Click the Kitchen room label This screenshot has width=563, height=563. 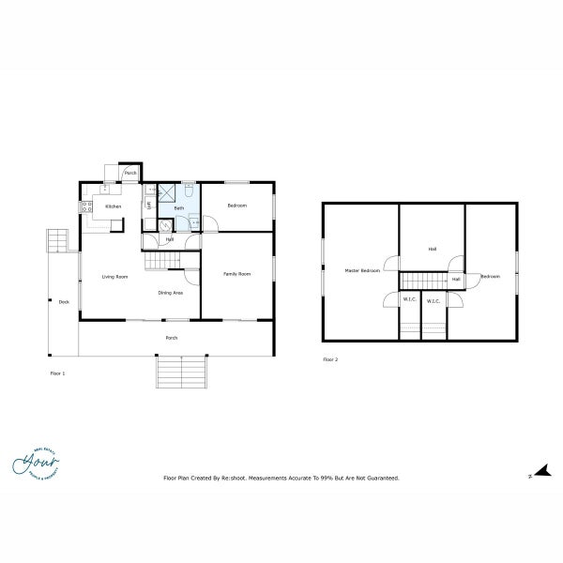(113, 205)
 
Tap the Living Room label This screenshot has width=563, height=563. (114, 277)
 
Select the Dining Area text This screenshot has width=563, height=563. (170, 293)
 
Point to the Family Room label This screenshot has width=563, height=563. (236, 273)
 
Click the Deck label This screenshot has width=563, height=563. (64, 301)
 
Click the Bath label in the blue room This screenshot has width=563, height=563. (178, 207)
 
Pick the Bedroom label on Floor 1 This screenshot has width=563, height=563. (237, 205)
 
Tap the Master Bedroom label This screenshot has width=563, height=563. (362, 270)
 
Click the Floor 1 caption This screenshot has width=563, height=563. (57, 373)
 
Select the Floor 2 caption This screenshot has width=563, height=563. (329, 358)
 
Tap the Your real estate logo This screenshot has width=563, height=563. (36, 464)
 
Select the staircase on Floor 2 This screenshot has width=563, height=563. (423, 280)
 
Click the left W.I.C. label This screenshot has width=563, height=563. (409, 300)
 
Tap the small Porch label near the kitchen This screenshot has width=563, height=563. (130, 173)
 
